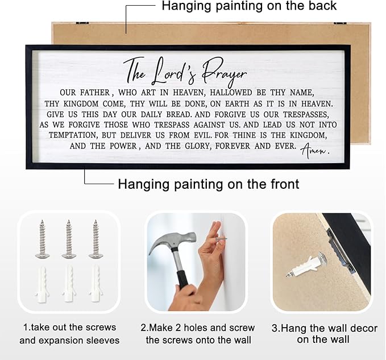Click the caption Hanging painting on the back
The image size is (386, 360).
pos(249,7)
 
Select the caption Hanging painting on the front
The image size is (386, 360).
pos(208,184)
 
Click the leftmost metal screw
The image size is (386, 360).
pos(43,239)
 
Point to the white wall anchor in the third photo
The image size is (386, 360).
pos(307,265)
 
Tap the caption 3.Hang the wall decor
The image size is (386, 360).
pos(323,334)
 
